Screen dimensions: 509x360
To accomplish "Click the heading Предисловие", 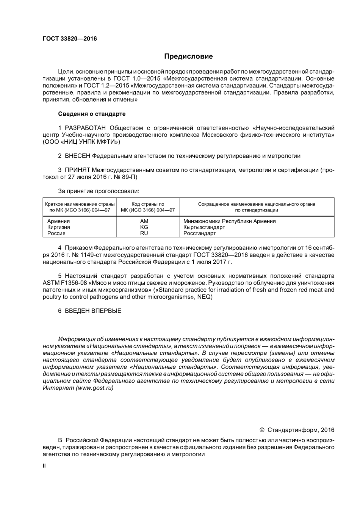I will [188, 56].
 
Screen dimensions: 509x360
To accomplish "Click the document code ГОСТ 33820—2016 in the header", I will [70, 39].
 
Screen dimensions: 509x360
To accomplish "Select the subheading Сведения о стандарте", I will [92, 114].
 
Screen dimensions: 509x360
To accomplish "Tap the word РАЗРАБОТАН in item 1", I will [85, 128].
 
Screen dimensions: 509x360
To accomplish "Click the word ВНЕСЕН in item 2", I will [78, 156].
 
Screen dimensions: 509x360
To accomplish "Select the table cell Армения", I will [58, 221].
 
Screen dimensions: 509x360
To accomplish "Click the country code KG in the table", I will [144, 227].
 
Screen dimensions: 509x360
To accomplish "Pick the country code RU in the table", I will [144, 233].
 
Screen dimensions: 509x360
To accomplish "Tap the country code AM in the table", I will [144, 221].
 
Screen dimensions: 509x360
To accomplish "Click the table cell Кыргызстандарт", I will [204, 227].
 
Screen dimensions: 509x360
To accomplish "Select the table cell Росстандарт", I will [200, 233].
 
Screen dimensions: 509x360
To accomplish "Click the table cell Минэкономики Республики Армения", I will [230, 221].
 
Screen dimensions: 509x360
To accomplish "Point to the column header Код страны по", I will [148, 204].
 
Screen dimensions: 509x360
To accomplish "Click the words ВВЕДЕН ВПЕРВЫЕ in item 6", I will [93, 311].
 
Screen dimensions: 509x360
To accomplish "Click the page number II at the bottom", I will [44, 465].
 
